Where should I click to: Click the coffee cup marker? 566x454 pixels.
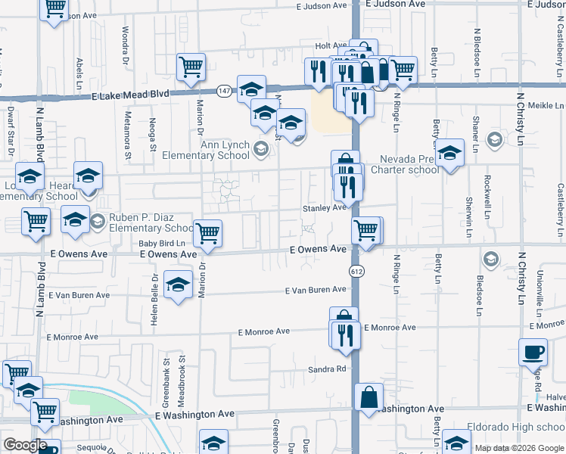coord(533,352)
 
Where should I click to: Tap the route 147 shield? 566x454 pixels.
coord(224,91)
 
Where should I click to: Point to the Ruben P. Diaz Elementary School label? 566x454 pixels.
coord(151,222)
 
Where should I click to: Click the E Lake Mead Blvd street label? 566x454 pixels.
coord(130,96)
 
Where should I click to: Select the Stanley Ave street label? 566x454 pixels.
coord(324,207)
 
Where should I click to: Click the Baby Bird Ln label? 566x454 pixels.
coord(161,243)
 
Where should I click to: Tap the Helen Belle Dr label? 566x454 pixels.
coord(154,294)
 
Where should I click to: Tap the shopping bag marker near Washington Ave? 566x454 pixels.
coord(369,398)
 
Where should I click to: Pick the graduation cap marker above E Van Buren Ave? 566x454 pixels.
coord(178,285)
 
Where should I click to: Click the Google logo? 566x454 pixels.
coord(25,446)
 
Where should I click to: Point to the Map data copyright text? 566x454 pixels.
coord(519,449)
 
